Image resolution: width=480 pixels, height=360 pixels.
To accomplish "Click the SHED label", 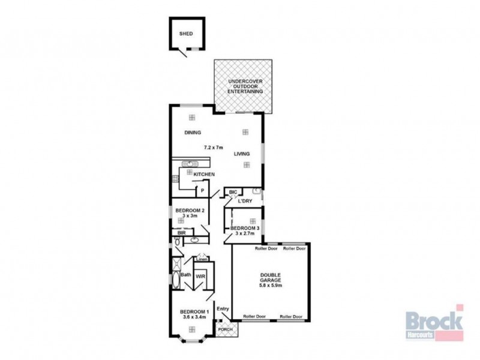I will click(x=186, y=34).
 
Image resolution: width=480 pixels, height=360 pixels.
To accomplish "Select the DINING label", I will click(x=192, y=133).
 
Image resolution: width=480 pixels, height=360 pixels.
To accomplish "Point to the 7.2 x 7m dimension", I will click(x=213, y=147).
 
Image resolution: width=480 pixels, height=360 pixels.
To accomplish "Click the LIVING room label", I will click(x=242, y=154).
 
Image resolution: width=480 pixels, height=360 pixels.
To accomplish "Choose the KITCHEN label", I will click(x=204, y=175).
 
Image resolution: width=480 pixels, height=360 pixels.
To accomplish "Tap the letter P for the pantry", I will click(x=203, y=191).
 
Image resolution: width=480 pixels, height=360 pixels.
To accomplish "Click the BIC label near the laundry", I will click(x=233, y=192).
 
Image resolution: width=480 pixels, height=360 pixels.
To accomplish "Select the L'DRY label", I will click(x=244, y=201).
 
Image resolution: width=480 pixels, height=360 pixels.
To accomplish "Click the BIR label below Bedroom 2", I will click(x=181, y=233).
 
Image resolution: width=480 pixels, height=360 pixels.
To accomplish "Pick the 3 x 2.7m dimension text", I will click(x=245, y=234).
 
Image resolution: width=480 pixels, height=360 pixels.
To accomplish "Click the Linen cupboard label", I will click(x=202, y=259).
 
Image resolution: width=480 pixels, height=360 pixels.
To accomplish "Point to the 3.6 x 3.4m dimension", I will click(x=194, y=317).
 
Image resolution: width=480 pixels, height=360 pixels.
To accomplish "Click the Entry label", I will click(x=223, y=309).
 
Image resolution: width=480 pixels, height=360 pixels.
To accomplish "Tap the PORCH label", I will click(x=225, y=329).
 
